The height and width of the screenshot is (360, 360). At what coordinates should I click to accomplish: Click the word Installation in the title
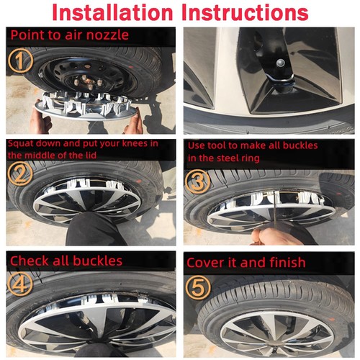tap(112, 12)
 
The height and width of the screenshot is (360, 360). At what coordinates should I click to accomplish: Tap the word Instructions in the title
tap(245, 12)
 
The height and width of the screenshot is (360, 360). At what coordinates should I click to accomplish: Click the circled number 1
tap(20, 60)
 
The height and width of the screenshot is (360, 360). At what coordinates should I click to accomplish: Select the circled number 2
tap(20, 174)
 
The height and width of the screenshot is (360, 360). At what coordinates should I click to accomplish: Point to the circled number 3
tap(198, 181)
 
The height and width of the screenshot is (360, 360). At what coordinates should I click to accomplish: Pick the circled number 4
tap(20, 284)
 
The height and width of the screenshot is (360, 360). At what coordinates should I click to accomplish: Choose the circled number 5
tap(198, 287)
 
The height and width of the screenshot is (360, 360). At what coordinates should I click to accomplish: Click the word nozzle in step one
tap(107, 35)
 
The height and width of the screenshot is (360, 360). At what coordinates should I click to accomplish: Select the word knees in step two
tap(137, 143)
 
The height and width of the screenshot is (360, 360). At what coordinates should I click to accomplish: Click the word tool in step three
tap(217, 145)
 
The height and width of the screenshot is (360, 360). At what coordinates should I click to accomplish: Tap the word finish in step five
tap(287, 262)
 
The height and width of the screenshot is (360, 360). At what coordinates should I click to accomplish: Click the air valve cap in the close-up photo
tap(280, 63)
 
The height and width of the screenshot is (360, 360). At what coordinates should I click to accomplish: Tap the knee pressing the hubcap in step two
tap(91, 228)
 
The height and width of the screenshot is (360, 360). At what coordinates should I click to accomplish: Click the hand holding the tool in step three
tap(276, 236)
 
